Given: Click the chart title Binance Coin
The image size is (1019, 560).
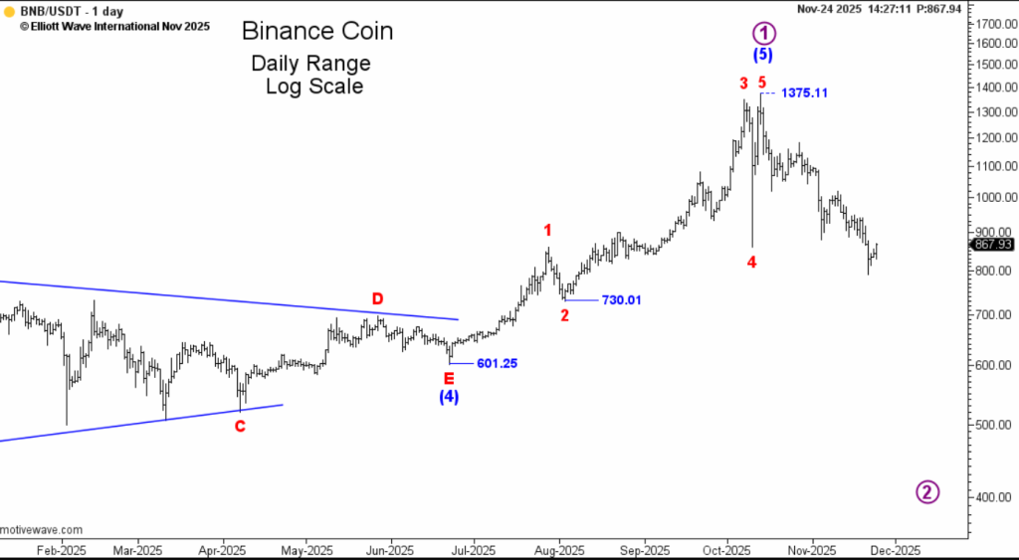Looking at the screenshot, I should pos(317,32).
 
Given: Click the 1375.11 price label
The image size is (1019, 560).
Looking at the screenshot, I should pos(804,93).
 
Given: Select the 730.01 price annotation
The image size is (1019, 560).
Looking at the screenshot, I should pos(621,300).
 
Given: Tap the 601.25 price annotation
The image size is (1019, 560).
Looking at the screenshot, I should pos(497,364).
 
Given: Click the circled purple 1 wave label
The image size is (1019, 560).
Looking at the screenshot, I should pos(763,32).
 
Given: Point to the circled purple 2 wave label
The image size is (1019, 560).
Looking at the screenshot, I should pos(927,491).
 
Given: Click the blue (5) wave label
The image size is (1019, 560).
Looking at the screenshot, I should pos(763,55).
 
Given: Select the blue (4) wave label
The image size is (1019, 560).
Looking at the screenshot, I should pos(449,397).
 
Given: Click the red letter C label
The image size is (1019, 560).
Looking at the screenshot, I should pos(240,426).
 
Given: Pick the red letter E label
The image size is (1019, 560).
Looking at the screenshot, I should pos(449,378).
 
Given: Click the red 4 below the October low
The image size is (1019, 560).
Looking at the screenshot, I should pos(752,262).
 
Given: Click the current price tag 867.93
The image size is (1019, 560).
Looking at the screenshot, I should pos(992,244).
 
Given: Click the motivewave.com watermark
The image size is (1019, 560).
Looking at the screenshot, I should pos(42,530).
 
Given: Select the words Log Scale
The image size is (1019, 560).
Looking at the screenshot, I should pos(313,87).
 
